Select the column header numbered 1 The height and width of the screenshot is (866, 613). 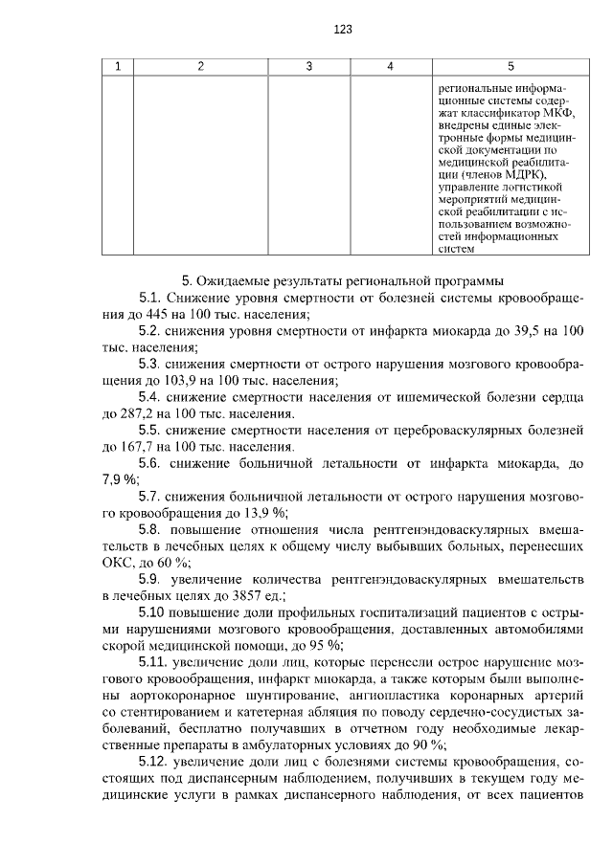tap(118, 66)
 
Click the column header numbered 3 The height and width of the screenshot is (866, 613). tap(309, 66)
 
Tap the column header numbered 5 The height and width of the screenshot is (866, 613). tap(510, 66)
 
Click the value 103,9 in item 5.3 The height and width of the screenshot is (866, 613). tap(159, 380)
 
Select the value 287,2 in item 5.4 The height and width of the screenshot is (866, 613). tap(135, 413)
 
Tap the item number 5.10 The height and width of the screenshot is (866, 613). tap(156, 612)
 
